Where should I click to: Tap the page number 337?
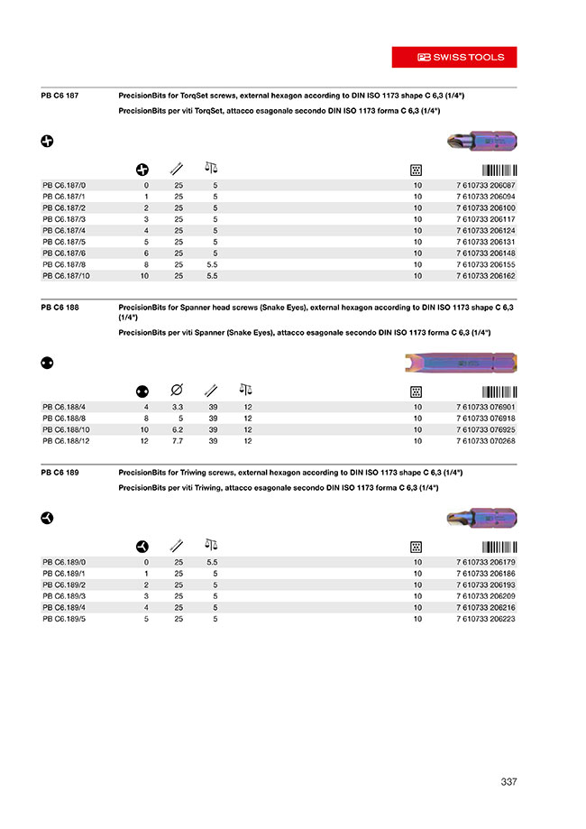pyautogui.click(x=508, y=781)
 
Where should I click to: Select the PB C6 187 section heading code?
pyautogui.click(x=60, y=95)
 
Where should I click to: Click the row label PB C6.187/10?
pyautogui.click(x=66, y=275)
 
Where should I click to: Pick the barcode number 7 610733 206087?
pyautogui.click(x=486, y=185)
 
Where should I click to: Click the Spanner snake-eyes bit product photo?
pyautogui.click(x=459, y=363)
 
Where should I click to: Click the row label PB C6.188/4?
pyautogui.click(x=64, y=406)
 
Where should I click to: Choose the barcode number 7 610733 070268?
pyautogui.click(x=486, y=441)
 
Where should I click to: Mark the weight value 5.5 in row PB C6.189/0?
pyautogui.click(x=214, y=562)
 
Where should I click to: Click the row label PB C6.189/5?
pyautogui.click(x=63, y=619)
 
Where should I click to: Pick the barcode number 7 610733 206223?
pyautogui.click(x=486, y=619)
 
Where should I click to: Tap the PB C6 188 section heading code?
pyautogui.click(x=60, y=308)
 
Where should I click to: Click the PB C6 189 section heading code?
pyautogui.click(x=60, y=472)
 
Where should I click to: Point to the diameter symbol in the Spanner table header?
pyautogui.click(x=177, y=391)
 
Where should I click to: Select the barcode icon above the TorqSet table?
pyautogui.click(x=499, y=169)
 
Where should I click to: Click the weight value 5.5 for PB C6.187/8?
pyautogui.click(x=214, y=263)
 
